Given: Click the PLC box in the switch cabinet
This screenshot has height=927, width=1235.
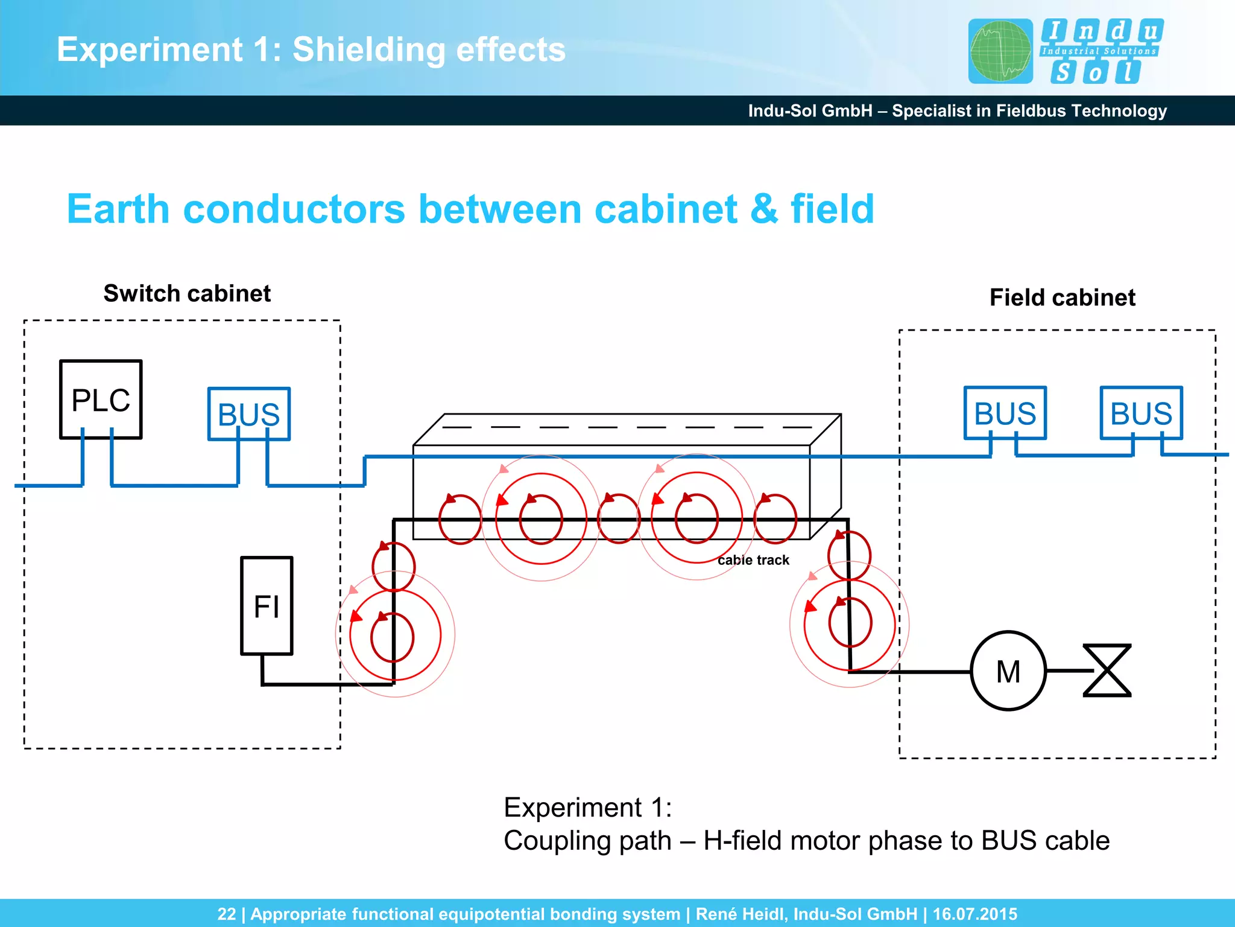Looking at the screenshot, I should click(x=101, y=399).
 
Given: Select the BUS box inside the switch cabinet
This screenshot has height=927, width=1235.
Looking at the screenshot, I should click(x=248, y=414).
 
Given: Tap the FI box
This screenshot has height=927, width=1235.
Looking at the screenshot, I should click(x=267, y=605).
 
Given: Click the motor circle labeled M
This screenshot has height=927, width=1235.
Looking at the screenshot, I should click(x=1008, y=671).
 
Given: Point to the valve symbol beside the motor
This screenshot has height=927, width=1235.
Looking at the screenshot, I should click(x=1107, y=671).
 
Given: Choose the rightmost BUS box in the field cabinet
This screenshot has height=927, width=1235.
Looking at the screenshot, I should click(x=1141, y=413).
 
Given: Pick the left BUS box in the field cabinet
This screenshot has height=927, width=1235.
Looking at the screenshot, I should click(x=1005, y=413).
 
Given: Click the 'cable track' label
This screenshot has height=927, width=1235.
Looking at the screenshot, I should click(x=753, y=560).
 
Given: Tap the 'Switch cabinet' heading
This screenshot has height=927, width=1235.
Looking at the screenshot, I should click(x=187, y=293).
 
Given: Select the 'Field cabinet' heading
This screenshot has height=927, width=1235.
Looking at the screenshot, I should click(x=1062, y=298).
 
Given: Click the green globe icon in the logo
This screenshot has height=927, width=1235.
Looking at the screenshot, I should click(x=1000, y=51).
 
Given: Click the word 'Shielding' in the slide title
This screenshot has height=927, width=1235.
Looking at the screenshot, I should click(x=368, y=49).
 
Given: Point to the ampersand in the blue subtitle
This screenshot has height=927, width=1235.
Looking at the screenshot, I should click(x=764, y=209).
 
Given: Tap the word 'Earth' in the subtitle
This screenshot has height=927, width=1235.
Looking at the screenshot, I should click(x=118, y=209).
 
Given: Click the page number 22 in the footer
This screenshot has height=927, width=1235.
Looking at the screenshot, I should click(x=226, y=914).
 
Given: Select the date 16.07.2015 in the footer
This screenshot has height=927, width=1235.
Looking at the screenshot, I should click(x=974, y=914).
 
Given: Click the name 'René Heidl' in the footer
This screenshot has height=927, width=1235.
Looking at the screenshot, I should click(x=741, y=914).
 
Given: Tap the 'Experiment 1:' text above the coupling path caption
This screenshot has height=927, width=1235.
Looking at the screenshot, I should click(x=587, y=808).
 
